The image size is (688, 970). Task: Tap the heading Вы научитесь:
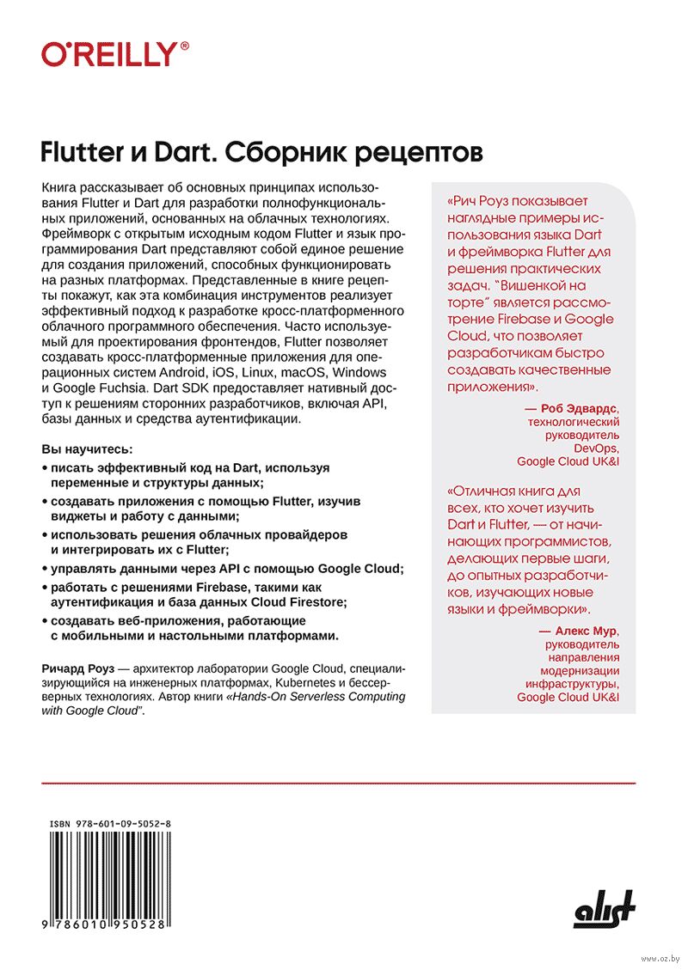tap(88, 449)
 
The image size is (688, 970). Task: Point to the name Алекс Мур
tap(584, 631)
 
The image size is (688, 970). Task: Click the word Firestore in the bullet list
tap(310, 602)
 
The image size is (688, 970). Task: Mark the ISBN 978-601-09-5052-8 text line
tap(110, 822)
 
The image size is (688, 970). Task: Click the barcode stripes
tap(110, 876)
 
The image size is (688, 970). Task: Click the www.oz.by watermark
tap(660, 958)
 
